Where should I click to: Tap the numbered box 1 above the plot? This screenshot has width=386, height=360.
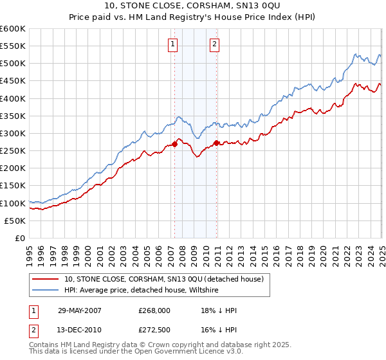tap(174, 44)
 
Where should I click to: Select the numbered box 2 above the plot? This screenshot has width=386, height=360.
tap(215, 44)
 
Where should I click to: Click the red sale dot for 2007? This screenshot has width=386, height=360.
tap(174, 145)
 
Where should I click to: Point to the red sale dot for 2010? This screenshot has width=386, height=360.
tap(216, 143)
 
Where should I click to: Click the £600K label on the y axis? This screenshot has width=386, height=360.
tap(14, 29)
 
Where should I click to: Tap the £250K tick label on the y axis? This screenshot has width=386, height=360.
tap(14, 151)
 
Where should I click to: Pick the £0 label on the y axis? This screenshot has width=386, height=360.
tap(20, 238)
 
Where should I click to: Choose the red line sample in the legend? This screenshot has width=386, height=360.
tap(46, 280)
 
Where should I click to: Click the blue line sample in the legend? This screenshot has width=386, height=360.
tap(46, 291)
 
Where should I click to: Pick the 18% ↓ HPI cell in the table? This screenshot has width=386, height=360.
tap(219, 310)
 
